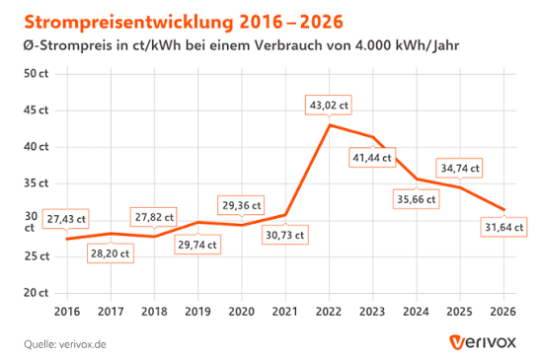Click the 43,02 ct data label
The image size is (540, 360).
click(328, 105)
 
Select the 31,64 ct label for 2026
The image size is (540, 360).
click(503, 227)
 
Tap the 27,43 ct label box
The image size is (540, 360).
click(66, 219)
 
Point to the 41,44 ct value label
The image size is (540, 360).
click(372, 158)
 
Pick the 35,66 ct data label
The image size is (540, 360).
click(417, 199)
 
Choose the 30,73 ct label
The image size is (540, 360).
click(285, 235)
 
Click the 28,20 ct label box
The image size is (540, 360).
click(111, 253)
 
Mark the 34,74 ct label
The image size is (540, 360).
click(460, 168)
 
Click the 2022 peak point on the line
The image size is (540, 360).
click(330, 125)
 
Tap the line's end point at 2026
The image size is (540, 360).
click(504, 210)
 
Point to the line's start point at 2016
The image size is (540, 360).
click(67, 239)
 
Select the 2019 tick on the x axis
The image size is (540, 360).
click(197, 311)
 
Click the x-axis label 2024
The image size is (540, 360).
click(416, 311)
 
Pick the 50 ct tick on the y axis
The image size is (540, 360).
click(37, 74)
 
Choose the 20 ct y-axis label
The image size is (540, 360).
click(37, 293)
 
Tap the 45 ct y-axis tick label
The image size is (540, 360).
click(37, 110)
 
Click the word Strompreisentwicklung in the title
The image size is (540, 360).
click(129, 23)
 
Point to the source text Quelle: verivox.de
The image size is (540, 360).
click(65, 344)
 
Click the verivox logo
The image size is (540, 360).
click(483, 342)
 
